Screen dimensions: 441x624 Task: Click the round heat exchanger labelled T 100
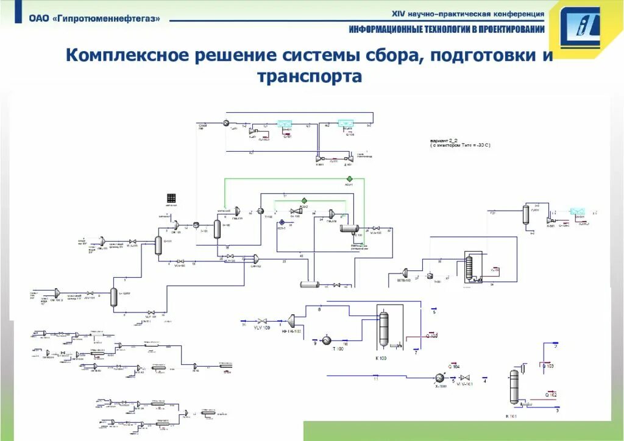(x=326, y=340)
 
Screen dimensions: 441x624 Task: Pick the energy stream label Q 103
(x=548, y=366)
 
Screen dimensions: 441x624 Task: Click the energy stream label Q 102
(x=550, y=395)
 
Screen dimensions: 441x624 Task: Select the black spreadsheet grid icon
(x=171, y=198)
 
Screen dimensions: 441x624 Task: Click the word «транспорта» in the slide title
(x=310, y=77)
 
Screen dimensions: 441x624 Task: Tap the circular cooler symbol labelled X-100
(x=440, y=378)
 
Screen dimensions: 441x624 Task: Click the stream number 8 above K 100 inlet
(x=319, y=310)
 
